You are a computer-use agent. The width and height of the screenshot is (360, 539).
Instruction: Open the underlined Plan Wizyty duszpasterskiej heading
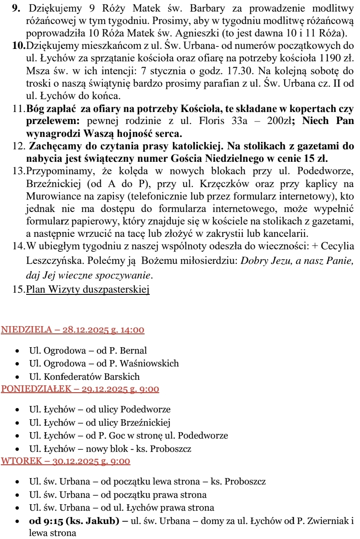click(88, 290)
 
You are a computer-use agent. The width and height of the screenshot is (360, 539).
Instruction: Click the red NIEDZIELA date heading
click(73, 330)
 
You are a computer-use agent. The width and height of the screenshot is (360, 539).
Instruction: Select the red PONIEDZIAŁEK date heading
click(80, 389)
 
